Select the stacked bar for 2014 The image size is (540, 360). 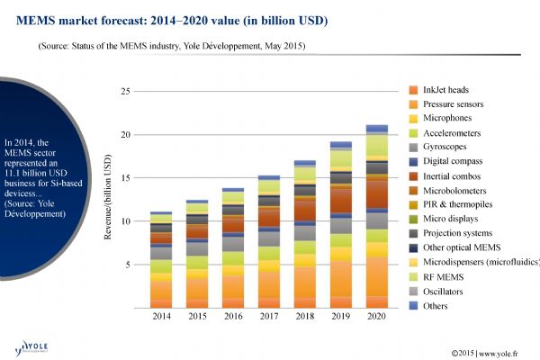coord(161,261)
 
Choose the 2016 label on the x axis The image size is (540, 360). coord(233,318)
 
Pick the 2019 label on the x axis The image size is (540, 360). coord(341,318)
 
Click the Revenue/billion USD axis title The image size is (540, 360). coord(109,200)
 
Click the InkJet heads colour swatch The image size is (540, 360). coord(413,90)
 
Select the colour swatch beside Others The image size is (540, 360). coord(413,304)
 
